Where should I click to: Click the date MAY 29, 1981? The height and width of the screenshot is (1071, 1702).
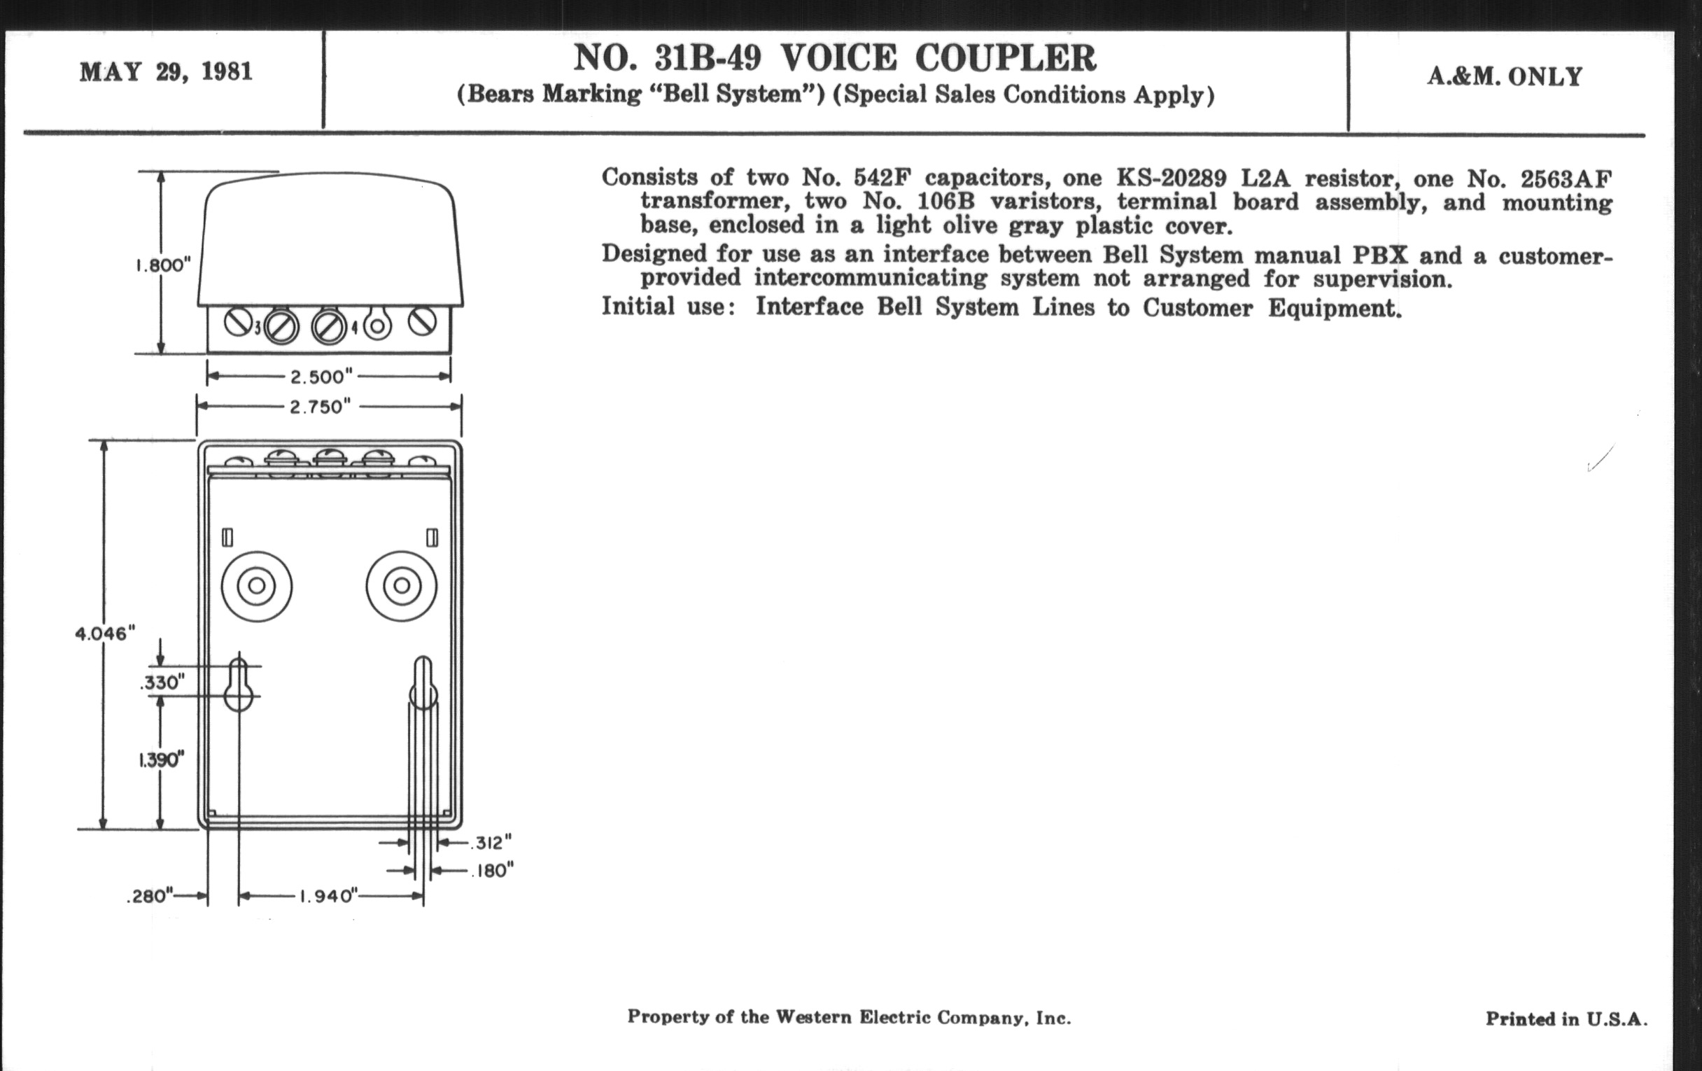pyautogui.click(x=166, y=72)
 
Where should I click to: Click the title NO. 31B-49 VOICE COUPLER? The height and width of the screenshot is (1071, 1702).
pyautogui.click(x=835, y=58)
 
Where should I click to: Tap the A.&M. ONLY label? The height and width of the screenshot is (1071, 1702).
pyautogui.click(x=1505, y=76)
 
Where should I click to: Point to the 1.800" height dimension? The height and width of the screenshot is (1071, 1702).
pyautogui.click(x=163, y=265)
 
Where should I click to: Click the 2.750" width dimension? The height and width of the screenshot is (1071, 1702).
pyautogui.click(x=321, y=407)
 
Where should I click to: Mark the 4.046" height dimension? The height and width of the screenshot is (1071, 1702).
pyautogui.click(x=104, y=633)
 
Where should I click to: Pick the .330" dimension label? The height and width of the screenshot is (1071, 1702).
pyautogui.click(x=162, y=683)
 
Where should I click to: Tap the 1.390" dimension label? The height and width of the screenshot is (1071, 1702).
pyautogui.click(x=161, y=760)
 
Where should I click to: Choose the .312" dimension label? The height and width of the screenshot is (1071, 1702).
pyautogui.click(x=491, y=843)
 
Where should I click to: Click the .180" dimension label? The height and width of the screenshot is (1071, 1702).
pyautogui.click(x=493, y=870)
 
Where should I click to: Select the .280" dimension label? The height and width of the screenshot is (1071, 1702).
pyautogui.click(x=150, y=897)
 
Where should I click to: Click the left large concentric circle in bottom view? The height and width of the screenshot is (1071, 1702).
pyautogui.click(x=257, y=586)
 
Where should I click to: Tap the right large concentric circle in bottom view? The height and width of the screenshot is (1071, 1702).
pyautogui.click(x=402, y=586)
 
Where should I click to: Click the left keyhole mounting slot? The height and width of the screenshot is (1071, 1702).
pyautogui.click(x=238, y=685)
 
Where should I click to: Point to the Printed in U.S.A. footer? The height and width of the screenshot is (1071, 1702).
pyautogui.click(x=1566, y=1018)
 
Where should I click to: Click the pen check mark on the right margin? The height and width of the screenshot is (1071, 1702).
pyautogui.click(x=1601, y=458)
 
